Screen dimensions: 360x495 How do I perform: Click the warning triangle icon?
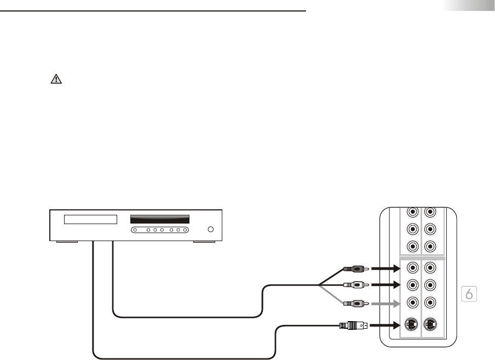[x=56, y=79]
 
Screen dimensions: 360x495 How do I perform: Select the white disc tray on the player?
[x=91, y=220]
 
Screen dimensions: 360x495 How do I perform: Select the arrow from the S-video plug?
[x=386, y=325]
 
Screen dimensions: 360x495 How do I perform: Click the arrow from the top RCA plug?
[x=386, y=269]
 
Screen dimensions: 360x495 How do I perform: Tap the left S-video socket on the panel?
[x=411, y=324]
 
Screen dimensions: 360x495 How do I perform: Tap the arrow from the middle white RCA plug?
[x=386, y=285]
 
